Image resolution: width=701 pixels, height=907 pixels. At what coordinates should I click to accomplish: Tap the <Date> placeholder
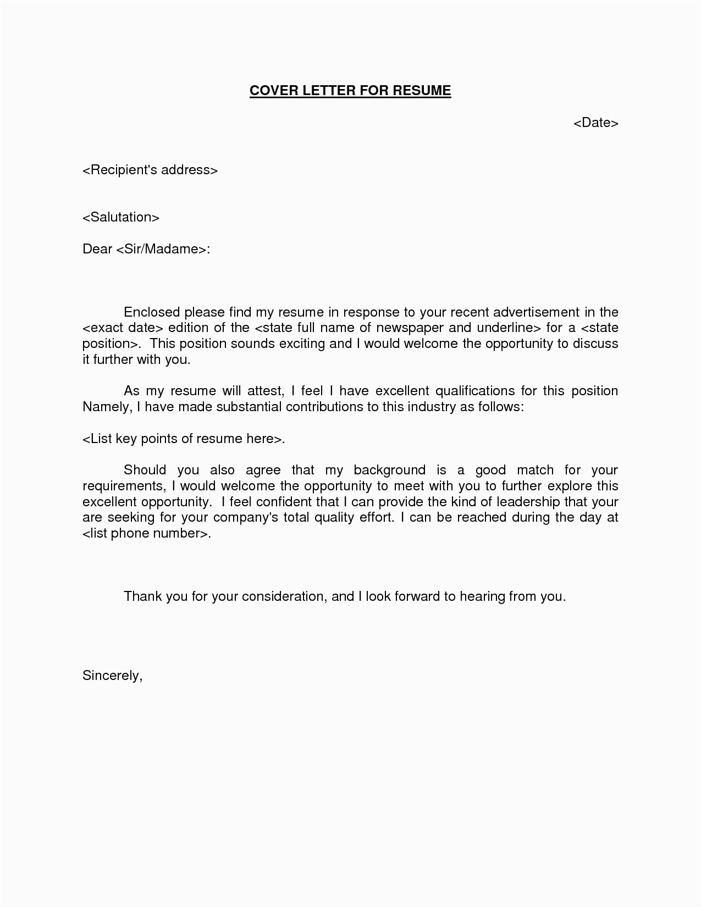(x=596, y=123)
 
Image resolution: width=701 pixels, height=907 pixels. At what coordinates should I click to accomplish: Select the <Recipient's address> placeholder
(x=150, y=170)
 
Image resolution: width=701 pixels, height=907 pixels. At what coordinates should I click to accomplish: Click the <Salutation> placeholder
(x=121, y=217)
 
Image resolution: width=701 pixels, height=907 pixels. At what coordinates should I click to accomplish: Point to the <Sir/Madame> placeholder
(x=162, y=249)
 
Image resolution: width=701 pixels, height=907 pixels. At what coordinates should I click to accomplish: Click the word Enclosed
(x=152, y=312)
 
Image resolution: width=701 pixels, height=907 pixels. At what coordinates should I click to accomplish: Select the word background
(x=389, y=470)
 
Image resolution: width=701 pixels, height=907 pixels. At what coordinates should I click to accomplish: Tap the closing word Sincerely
(x=112, y=676)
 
